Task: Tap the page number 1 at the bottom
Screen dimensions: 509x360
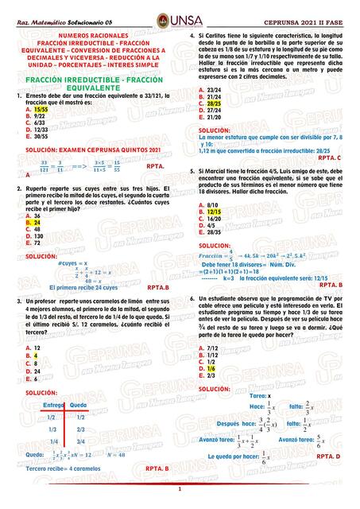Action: click(x=180, y=488)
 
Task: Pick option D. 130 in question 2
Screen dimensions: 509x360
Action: click(x=35, y=236)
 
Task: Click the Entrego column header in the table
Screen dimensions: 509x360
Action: click(x=52, y=405)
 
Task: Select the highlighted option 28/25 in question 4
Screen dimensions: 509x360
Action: click(x=213, y=103)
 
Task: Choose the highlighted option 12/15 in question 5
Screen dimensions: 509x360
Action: click(x=213, y=212)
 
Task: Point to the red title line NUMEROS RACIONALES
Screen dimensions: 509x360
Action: click(x=93, y=37)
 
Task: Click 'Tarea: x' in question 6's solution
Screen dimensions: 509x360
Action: click(x=260, y=395)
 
